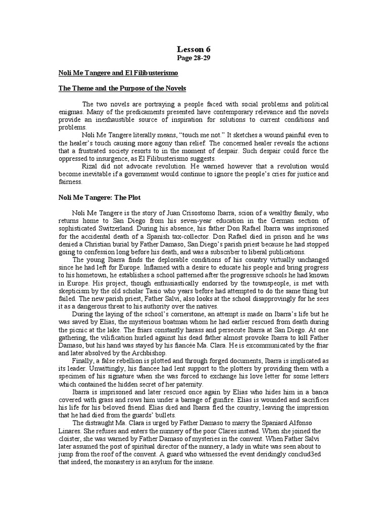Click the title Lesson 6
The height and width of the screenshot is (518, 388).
(193, 49)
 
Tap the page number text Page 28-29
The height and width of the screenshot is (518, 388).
(193, 59)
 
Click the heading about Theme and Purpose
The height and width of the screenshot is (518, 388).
(122, 89)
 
